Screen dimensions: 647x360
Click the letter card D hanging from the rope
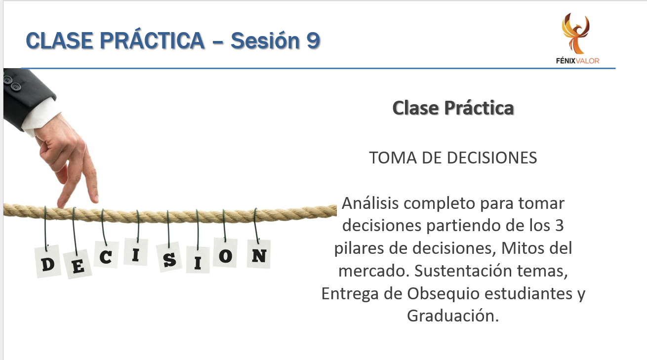(x=48, y=262)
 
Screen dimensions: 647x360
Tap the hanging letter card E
(x=78, y=264)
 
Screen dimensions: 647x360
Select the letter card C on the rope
(x=106, y=255)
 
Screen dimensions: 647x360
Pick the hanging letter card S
(x=169, y=258)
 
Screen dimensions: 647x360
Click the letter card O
(x=225, y=253)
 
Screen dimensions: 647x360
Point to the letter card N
(x=259, y=254)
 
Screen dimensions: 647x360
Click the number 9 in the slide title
(x=313, y=40)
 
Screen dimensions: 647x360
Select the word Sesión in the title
(x=265, y=40)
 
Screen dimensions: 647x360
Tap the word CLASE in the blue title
(x=59, y=40)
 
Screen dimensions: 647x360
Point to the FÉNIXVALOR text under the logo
(x=577, y=61)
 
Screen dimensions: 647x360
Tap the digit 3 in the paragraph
(x=559, y=226)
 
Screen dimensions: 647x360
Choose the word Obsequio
(x=443, y=294)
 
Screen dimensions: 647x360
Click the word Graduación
(x=453, y=316)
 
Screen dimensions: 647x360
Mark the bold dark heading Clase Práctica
(x=453, y=108)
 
